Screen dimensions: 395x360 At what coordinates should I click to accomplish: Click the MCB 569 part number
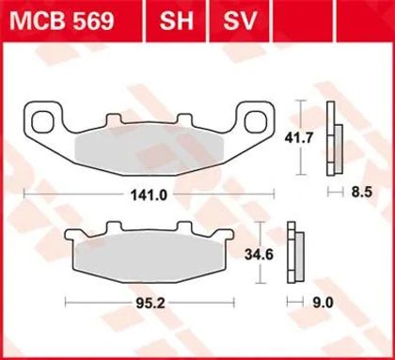(61, 21)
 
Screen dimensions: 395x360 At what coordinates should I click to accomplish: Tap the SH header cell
(176, 21)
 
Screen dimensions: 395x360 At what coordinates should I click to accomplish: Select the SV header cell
(240, 21)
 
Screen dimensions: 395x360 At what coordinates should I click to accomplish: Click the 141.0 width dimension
(149, 196)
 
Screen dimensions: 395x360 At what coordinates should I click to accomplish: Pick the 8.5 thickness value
(361, 192)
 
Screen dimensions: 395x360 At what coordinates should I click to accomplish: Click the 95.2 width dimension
(150, 303)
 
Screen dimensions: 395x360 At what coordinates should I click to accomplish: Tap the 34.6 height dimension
(259, 255)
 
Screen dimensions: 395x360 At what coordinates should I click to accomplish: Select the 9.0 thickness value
(323, 303)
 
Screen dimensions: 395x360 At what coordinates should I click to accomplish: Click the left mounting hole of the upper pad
(40, 121)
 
